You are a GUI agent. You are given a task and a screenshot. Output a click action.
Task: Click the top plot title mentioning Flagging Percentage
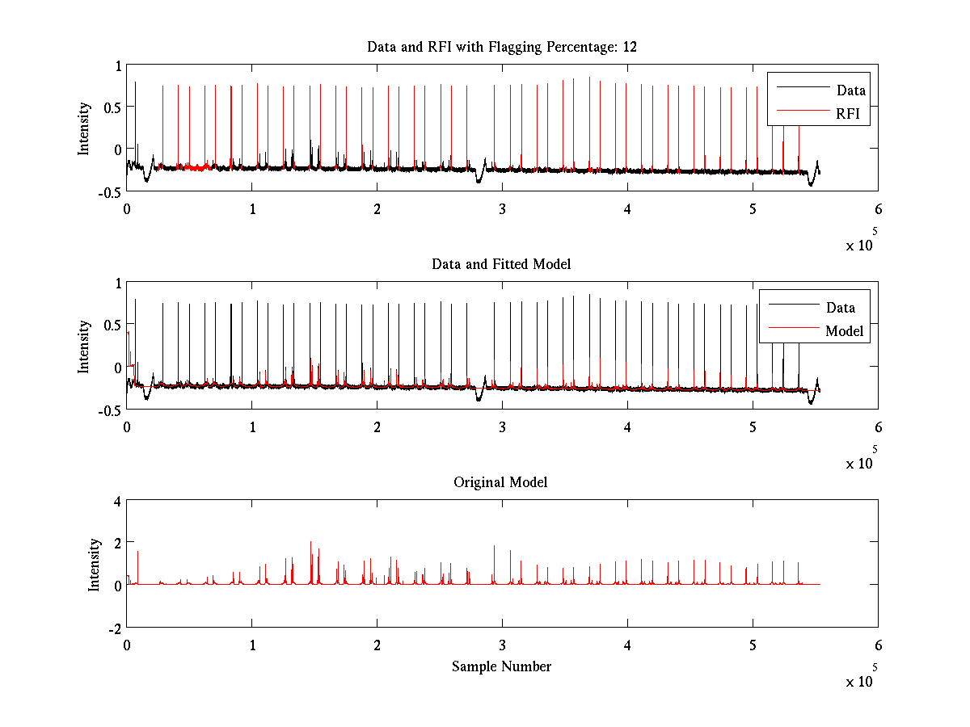point(501,47)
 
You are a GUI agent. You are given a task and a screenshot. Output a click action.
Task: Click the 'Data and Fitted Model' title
point(501,264)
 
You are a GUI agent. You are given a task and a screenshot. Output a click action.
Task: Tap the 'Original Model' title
point(500,482)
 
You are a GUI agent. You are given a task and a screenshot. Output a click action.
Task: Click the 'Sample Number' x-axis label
point(501,666)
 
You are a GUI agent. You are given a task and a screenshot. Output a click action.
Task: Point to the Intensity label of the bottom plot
point(95,565)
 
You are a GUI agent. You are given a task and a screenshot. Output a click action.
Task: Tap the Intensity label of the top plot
point(84,128)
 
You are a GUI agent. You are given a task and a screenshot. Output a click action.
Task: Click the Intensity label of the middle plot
point(84,347)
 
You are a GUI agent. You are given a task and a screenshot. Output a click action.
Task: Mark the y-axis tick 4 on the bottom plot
point(116,501)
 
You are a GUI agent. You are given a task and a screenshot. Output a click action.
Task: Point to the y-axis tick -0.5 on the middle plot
point(108,410)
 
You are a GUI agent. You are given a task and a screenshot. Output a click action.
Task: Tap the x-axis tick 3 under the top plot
point(502,208)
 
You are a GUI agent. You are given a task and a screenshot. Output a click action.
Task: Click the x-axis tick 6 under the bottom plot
point(878,645)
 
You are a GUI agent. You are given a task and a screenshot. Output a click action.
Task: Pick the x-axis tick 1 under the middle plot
point(252,427)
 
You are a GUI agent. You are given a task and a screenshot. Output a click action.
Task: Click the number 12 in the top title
point(629,47)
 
